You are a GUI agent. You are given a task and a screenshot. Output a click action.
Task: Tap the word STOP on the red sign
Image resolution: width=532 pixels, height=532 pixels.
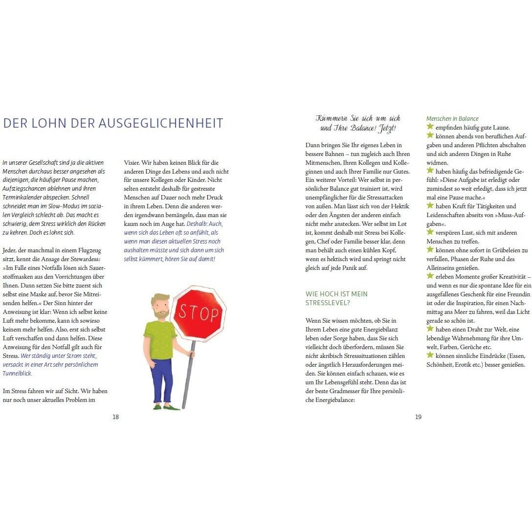tap(198, 311)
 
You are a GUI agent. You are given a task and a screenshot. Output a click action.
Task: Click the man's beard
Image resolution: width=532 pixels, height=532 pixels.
tap(161, 313)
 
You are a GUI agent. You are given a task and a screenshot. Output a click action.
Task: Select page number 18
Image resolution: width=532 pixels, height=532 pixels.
tap(115, 417)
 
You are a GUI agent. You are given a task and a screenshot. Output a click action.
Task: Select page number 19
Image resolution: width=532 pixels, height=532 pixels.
tap(418, 417)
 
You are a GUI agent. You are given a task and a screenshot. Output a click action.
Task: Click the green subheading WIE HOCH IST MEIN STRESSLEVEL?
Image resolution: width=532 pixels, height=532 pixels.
tap(336, 298)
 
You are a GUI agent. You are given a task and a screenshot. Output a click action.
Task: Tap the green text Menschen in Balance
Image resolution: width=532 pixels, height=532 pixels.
tap(452, 119)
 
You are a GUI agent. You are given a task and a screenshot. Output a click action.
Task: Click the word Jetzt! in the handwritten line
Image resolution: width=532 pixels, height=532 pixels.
tap(387, 129)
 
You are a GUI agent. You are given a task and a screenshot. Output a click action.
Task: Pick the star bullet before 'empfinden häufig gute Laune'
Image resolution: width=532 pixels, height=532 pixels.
tap(430, 127)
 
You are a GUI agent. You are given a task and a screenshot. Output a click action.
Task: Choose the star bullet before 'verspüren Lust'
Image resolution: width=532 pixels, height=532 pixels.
tap(430, 232)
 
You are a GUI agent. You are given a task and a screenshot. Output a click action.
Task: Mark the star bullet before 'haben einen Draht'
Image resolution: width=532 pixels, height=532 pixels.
tap(430, 329)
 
